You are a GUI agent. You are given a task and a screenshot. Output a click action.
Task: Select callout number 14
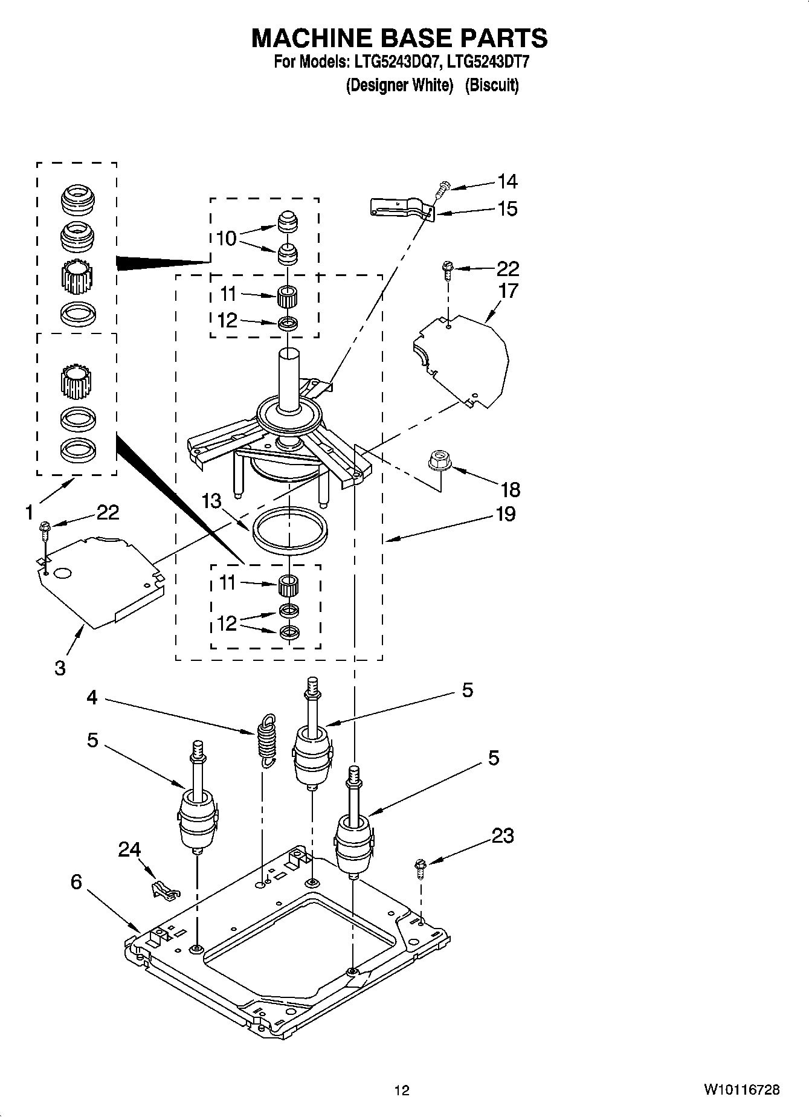tap(507, 181)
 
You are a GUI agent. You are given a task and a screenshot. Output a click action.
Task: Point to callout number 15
tap(507, 209)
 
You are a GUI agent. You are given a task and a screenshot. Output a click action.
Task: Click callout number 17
tap(508, 291)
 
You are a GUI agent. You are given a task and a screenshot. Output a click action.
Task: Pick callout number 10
tap(226, 239)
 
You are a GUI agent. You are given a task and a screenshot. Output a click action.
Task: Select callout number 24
tap(129, 850)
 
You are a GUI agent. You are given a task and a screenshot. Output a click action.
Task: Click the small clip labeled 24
tap(164, 890)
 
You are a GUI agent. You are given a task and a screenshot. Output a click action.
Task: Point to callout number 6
tap(76, 882)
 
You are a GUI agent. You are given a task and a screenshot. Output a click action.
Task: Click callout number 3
tap(60, 668)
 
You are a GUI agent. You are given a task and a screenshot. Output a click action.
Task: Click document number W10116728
tap(741, 1090)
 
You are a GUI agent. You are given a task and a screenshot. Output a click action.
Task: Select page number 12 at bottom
tap(402, 1090)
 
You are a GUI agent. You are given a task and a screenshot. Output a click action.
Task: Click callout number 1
tap(29, 513)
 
